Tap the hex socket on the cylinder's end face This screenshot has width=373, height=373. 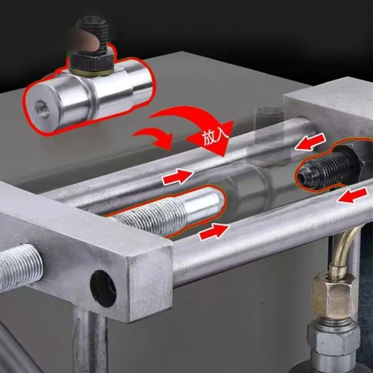click(42, 109)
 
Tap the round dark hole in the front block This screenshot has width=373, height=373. click(103, 288)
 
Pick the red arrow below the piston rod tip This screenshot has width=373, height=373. click(214, 232)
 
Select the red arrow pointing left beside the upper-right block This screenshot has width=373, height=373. click(310, 142)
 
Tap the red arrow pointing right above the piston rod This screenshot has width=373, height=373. click(178, 177)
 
